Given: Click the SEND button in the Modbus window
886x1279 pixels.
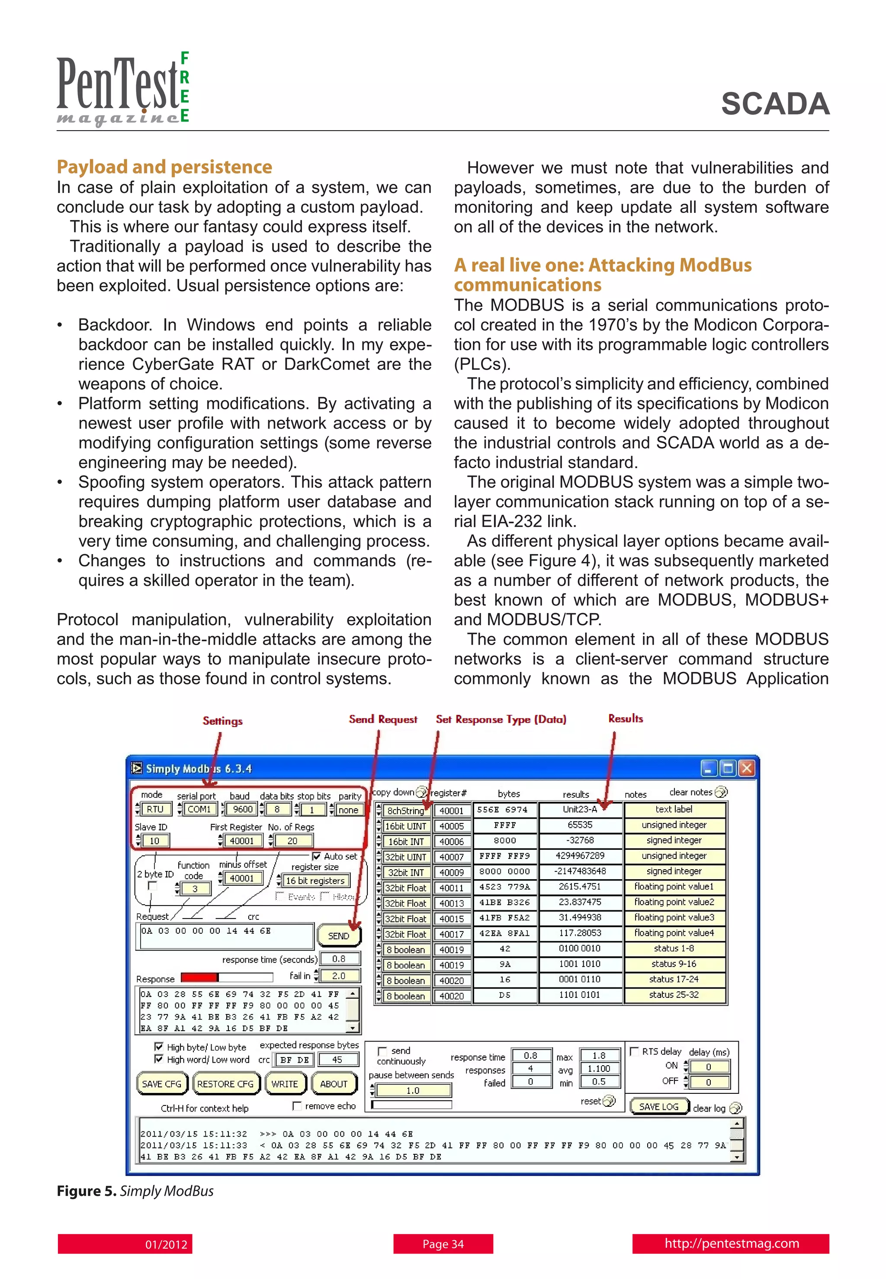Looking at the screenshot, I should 339,935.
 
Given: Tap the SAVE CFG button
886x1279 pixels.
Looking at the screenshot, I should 161,1083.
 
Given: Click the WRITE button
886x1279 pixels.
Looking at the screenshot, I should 284,1083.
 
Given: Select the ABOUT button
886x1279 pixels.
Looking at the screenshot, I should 334,1083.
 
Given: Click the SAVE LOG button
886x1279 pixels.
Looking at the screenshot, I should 658,1106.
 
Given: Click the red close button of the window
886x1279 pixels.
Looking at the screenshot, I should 747,768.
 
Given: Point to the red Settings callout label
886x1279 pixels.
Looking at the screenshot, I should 223,720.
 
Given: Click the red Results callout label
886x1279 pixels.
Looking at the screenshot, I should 626,718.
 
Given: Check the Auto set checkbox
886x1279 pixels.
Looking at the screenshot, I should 316,856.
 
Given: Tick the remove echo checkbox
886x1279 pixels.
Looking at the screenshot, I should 297,1106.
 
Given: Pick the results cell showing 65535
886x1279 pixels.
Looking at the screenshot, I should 580,825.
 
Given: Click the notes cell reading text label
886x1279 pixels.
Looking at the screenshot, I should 674,810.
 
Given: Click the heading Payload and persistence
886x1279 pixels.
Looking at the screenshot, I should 164,167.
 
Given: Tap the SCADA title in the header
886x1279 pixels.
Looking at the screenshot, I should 775,104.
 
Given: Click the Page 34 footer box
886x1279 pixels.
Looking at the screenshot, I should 443,1244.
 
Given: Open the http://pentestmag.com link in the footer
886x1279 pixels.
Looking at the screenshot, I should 731,1244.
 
